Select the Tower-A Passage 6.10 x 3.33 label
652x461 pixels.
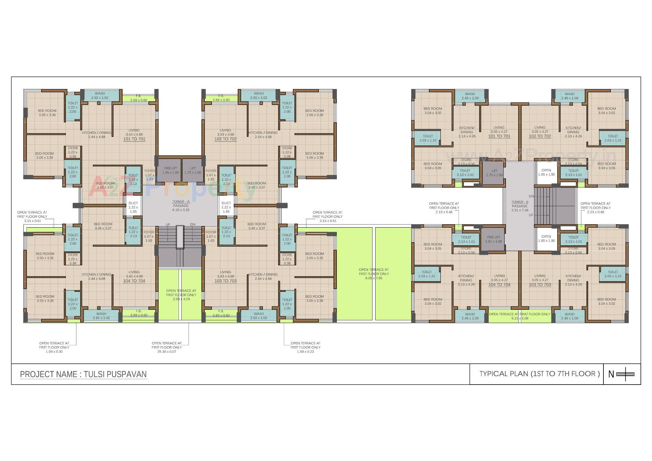(181, 206)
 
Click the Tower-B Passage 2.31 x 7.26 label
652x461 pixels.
(520, 206)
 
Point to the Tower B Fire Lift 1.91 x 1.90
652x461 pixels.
(493, 239)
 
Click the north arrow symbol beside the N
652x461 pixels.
(625, 374)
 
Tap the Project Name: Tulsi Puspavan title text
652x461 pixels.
(84, 374)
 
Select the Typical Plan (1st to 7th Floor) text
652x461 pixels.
(539, 374)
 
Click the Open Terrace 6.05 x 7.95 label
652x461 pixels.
(374, 273)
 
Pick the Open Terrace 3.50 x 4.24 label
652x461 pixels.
(181, 295)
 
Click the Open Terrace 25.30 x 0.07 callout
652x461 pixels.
(167, 347)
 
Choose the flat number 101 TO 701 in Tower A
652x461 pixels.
(134, 139)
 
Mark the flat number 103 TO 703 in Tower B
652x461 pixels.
(540, 284)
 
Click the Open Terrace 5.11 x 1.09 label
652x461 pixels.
(520, 316)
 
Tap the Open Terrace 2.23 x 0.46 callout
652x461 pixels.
(595, 208)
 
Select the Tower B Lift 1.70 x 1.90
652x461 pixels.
(494, 173)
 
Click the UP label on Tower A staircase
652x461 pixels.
(168, 225)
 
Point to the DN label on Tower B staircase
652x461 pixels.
(531, 196)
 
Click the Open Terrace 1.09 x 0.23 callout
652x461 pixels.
(305, 347)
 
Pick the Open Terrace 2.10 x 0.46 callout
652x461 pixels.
(444, 208)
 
